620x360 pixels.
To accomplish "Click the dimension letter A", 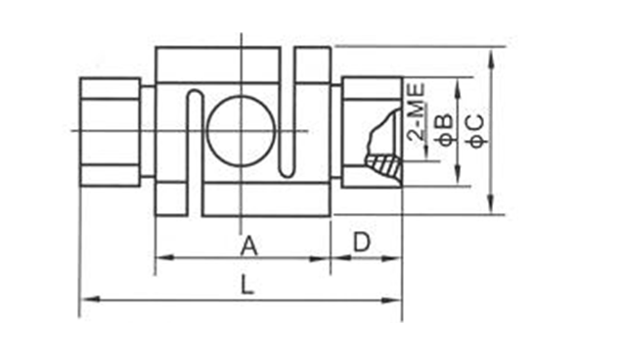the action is [249, 246].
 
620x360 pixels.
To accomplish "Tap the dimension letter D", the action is [362, 242].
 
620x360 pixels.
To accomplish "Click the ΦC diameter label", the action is [477, 131].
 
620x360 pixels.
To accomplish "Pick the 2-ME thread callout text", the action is [417, 112].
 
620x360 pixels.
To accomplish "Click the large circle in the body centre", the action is [241, 130].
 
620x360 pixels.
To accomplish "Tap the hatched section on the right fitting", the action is [384, 166].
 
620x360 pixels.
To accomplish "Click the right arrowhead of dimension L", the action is [391, 299].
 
